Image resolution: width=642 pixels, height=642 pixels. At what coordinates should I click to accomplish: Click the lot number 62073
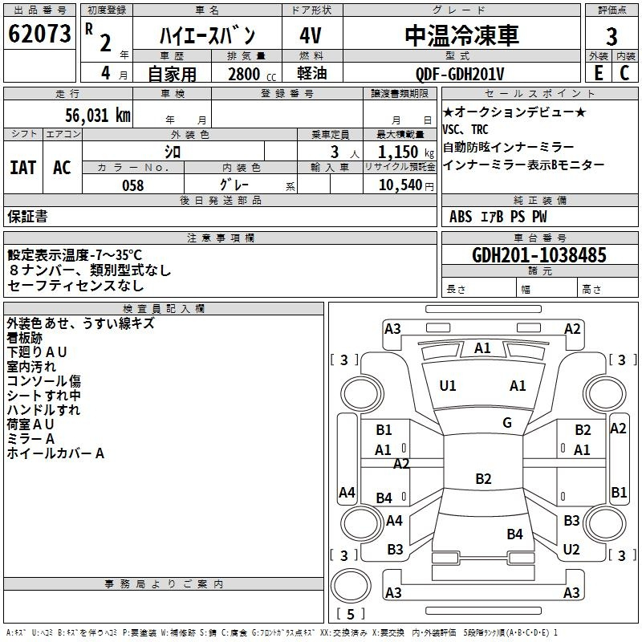click(x=39, y=34)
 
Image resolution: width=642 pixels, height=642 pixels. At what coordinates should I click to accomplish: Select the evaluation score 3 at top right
click(x=612, y=37)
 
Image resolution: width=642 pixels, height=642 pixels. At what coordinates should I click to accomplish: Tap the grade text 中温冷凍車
click(x=461, y=35)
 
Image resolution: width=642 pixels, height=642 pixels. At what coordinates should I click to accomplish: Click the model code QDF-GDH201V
click(x=460, y=74)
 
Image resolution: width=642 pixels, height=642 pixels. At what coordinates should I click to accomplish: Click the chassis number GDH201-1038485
click(x=539, y=255)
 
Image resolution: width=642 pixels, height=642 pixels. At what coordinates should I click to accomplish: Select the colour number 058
click(x=133, y=185)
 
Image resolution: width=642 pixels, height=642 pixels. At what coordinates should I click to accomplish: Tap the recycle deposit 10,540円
click(x=400, y=185)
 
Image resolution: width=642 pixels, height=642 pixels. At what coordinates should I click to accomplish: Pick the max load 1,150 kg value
click(x=399, y=151)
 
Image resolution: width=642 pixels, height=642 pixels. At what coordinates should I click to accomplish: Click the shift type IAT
click(x=23, y=168)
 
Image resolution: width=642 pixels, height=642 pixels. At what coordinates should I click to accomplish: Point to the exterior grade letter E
click(x=598, y=73)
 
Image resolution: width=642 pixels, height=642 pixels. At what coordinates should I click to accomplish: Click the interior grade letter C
click(x=624, y=73)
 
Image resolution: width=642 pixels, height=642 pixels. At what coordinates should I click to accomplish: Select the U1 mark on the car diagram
click(x=448, y=386)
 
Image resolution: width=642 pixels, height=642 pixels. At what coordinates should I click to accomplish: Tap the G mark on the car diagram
click(x=507, y=422)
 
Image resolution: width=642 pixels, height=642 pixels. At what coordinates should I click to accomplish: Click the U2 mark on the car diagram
click(x=571, y=550)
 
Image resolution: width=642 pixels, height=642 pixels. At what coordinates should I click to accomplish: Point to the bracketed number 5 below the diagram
click(x=350, y=615)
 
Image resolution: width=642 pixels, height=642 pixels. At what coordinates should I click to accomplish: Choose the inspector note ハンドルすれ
click(x=43, y=410)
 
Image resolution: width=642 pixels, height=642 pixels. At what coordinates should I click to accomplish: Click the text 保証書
click(x=27, y=217)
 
